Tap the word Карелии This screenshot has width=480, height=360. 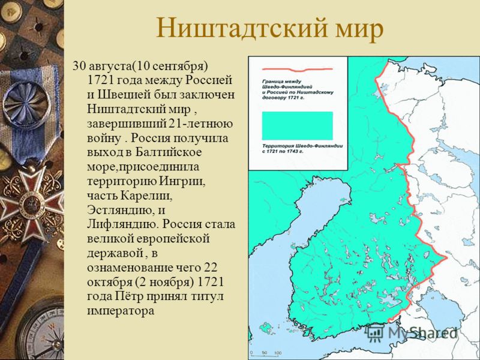[146, 196]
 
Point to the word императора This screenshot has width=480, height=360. [121, 311]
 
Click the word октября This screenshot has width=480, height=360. [110, 282]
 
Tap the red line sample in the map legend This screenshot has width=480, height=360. [297, 70]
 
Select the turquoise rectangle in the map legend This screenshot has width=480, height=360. [297, 125]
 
